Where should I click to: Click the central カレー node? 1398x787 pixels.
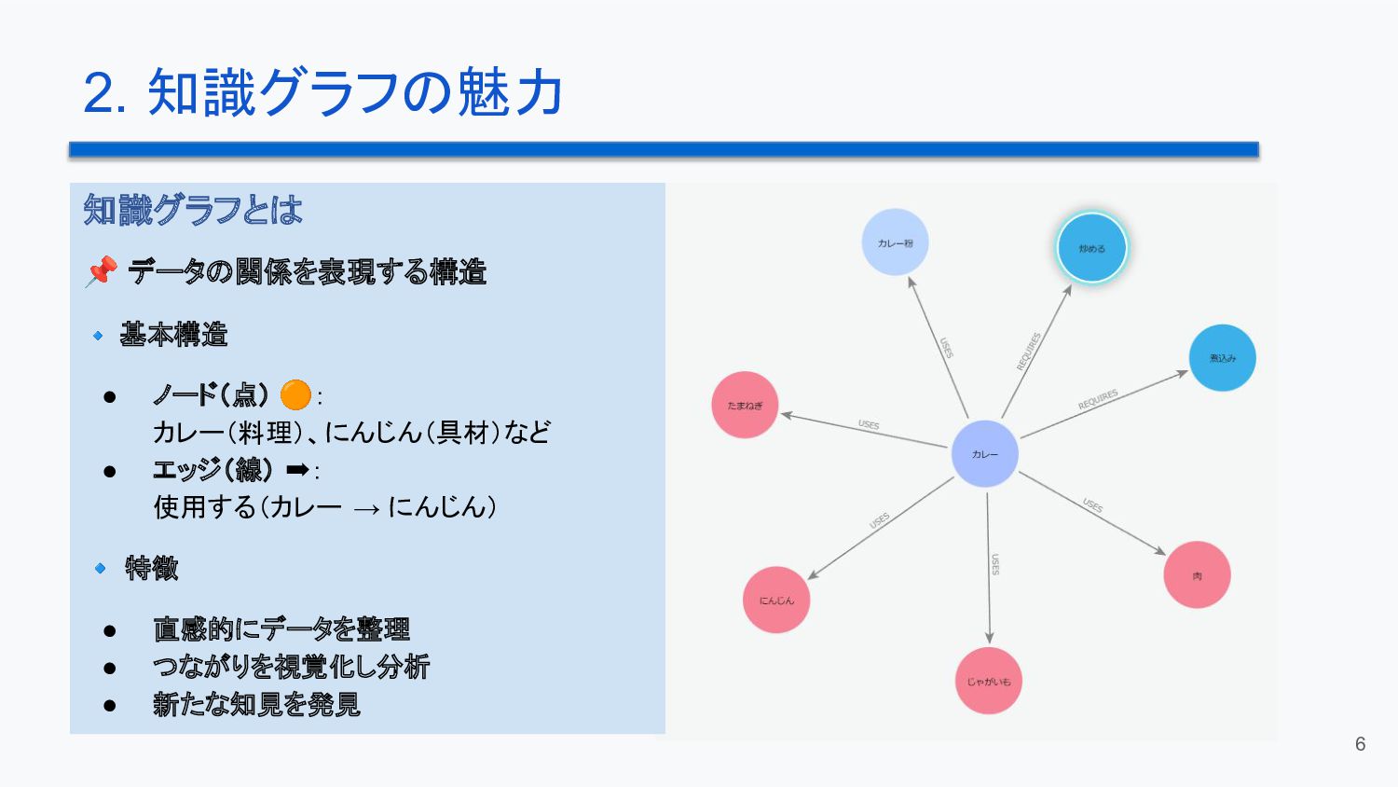point(984,454)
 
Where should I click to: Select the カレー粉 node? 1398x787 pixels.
point(895,242)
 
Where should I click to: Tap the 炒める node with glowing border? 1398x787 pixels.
point(1091,248)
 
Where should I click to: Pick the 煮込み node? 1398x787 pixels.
point(1222,358)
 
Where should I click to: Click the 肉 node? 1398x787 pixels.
point(1197,575)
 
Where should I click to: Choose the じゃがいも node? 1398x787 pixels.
point(988,681)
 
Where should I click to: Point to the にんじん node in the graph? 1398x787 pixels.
point(776,600)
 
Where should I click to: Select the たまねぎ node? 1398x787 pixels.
point(745,405)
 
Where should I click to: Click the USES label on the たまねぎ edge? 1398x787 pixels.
point(869,425)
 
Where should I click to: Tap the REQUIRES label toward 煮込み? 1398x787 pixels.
point(1098,400)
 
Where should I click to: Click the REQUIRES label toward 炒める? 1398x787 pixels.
point(1028,351)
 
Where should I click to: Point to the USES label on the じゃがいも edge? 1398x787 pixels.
point(995,564)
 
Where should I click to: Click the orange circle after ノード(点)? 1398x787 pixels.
point(295,395)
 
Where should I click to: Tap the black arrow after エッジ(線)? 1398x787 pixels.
point(297,469)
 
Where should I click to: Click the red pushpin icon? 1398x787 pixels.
point(101,271)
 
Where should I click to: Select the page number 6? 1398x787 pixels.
point(1360,744)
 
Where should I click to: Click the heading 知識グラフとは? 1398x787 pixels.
point(193,210)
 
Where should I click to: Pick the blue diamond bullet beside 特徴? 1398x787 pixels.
point(100,568)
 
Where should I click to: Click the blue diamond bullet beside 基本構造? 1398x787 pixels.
point(98,335)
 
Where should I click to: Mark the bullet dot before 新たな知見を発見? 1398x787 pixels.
point(110,705)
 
